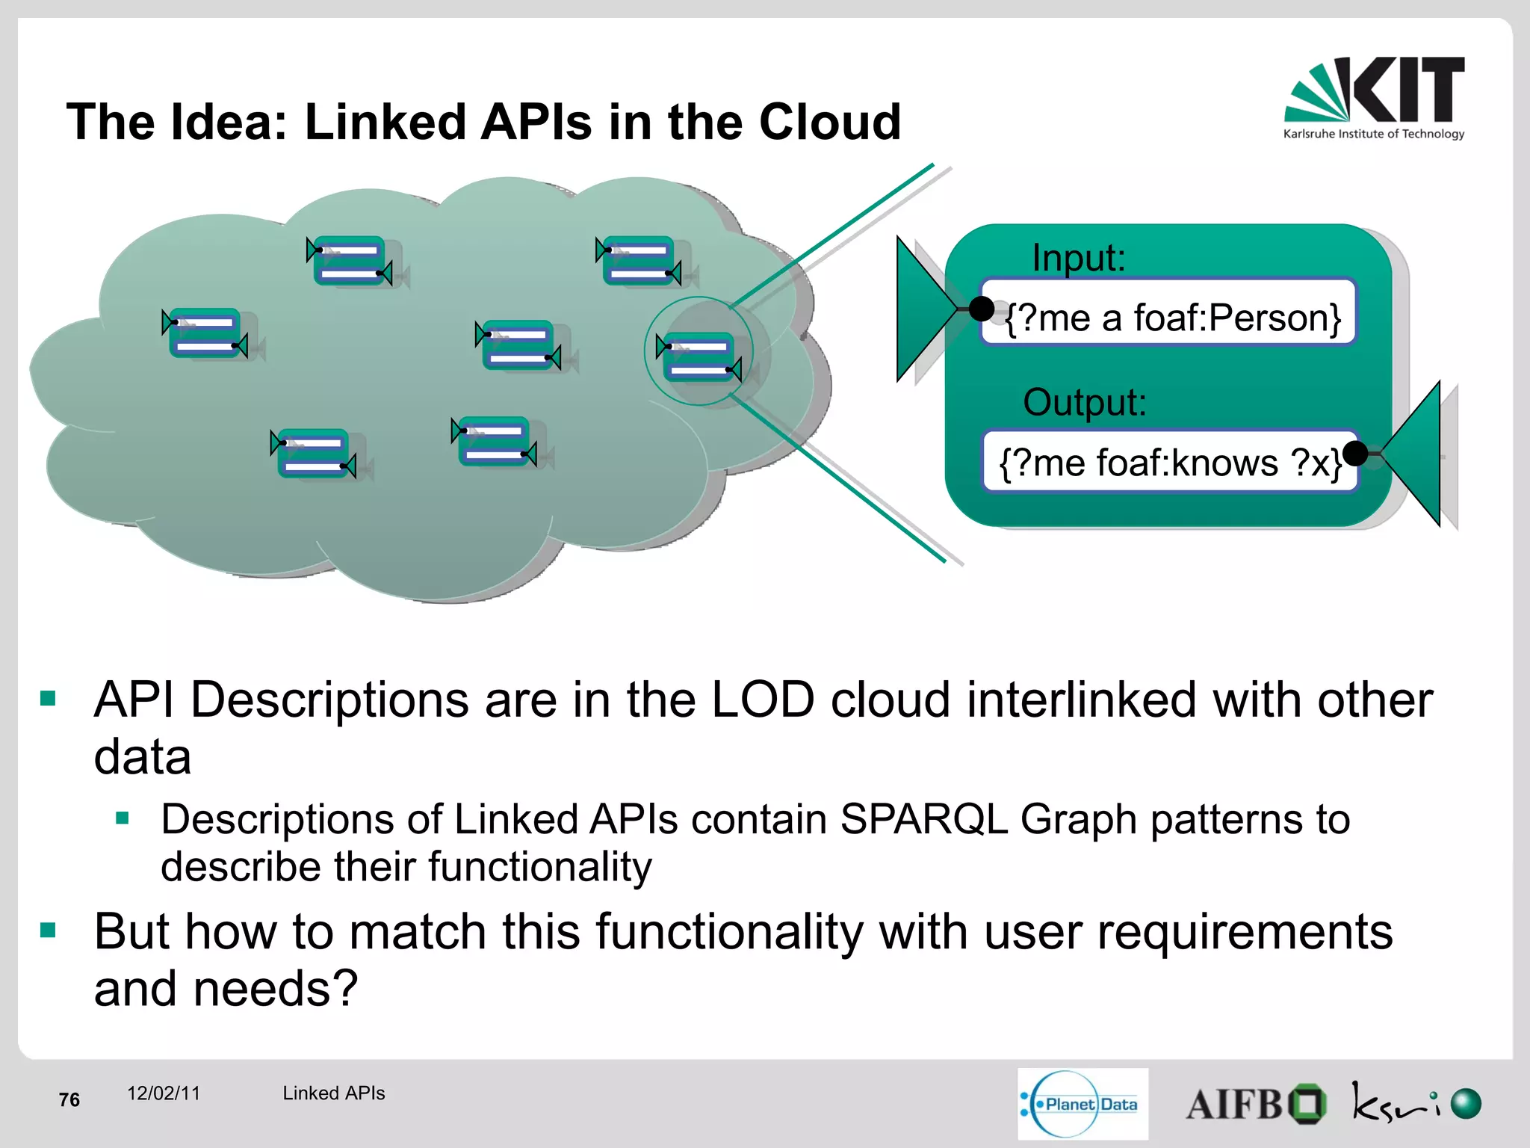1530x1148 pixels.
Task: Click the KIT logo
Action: (x=1374, y=97)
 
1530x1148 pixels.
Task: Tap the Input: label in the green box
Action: (x=1078, y=258)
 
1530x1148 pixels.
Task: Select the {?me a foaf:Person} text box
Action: (x=1168, y=312)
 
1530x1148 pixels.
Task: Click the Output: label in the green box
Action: (x=1084, y=402)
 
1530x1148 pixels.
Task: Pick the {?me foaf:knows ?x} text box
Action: (x=1168, y=461)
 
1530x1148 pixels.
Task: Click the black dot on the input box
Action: (x=981, y=308)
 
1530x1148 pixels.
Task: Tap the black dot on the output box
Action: (x=1354, y=453)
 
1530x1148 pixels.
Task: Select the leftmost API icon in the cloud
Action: (x=205, y=333)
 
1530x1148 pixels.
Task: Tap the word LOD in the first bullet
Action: (x=762, y=700)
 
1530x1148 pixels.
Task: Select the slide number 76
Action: (x=69, y=1099)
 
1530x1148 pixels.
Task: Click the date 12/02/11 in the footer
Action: (x=164, y=1093)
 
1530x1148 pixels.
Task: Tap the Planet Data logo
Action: (x=1082, y=1103)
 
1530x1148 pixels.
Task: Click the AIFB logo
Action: (x=1255, y=1104)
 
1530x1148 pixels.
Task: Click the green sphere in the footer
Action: (x=1466, y=1103)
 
